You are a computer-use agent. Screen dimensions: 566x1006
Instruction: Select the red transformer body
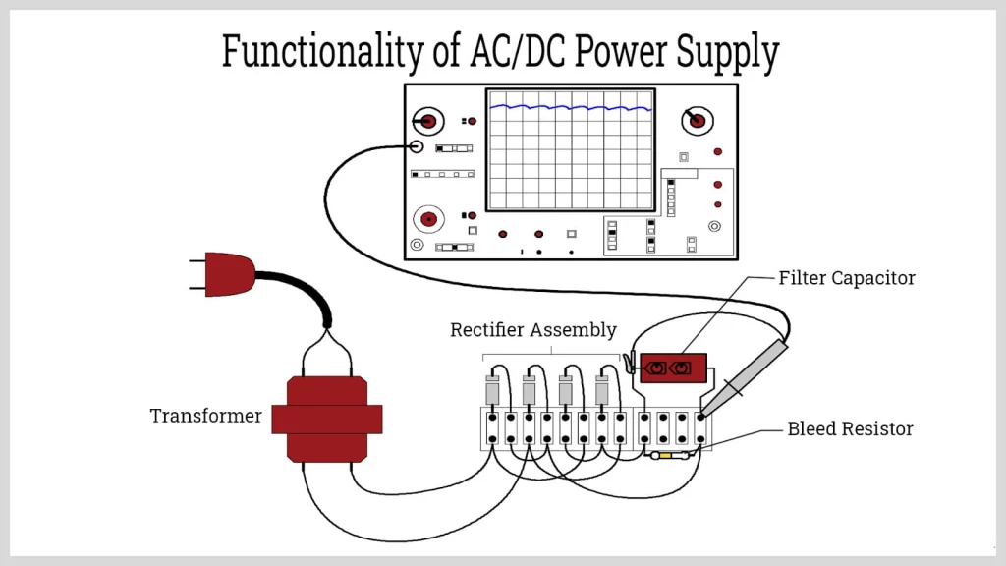point(326,419)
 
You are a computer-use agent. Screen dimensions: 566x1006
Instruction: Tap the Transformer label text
point(205,416)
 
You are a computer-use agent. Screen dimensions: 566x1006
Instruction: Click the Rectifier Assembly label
point(532,330)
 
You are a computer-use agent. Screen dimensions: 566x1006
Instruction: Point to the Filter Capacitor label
point(846,278)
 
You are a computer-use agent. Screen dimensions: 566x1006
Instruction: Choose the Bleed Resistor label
point(850,429)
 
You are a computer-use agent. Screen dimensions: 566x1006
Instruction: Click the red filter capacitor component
point(673,368)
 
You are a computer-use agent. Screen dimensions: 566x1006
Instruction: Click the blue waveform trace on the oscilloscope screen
point(570,106)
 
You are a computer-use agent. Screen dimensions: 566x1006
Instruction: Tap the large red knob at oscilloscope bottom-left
point(428,217)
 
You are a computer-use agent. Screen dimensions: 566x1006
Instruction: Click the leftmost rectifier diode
point(493,390)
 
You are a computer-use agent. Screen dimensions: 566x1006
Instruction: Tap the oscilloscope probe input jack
point(417,147)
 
